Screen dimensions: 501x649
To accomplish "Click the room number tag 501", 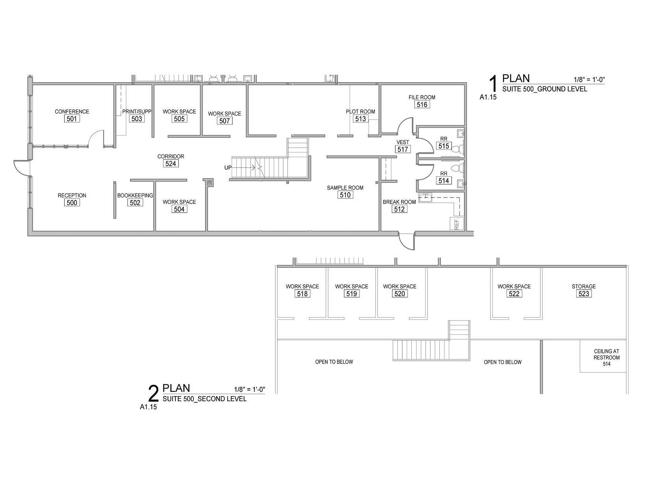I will click(x=72, y=119).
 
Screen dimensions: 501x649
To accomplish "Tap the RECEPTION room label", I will click(x=72, y=195).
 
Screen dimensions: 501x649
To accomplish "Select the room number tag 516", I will click(x=422, y=105).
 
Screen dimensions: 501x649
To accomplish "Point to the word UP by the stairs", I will click(x=228, y=168).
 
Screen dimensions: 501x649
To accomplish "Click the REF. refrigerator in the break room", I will click(x=456, y=224).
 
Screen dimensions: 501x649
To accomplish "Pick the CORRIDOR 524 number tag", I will click(x=171, y=163).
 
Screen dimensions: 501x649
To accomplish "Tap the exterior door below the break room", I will click(x=407, y=241).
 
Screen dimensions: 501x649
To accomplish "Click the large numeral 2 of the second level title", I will click(x=153, y=394).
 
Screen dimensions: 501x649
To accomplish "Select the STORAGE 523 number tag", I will click(x=584, y=294).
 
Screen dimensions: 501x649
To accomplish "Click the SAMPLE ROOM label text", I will click(x=345, y=188).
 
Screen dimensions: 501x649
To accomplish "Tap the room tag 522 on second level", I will click(x=514, y=294).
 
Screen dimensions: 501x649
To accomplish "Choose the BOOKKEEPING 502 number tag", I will click(x=135, y=203).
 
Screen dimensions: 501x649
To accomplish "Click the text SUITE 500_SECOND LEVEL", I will click(x=205, y=399).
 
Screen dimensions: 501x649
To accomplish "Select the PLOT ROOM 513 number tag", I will click(x=360, y=119).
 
